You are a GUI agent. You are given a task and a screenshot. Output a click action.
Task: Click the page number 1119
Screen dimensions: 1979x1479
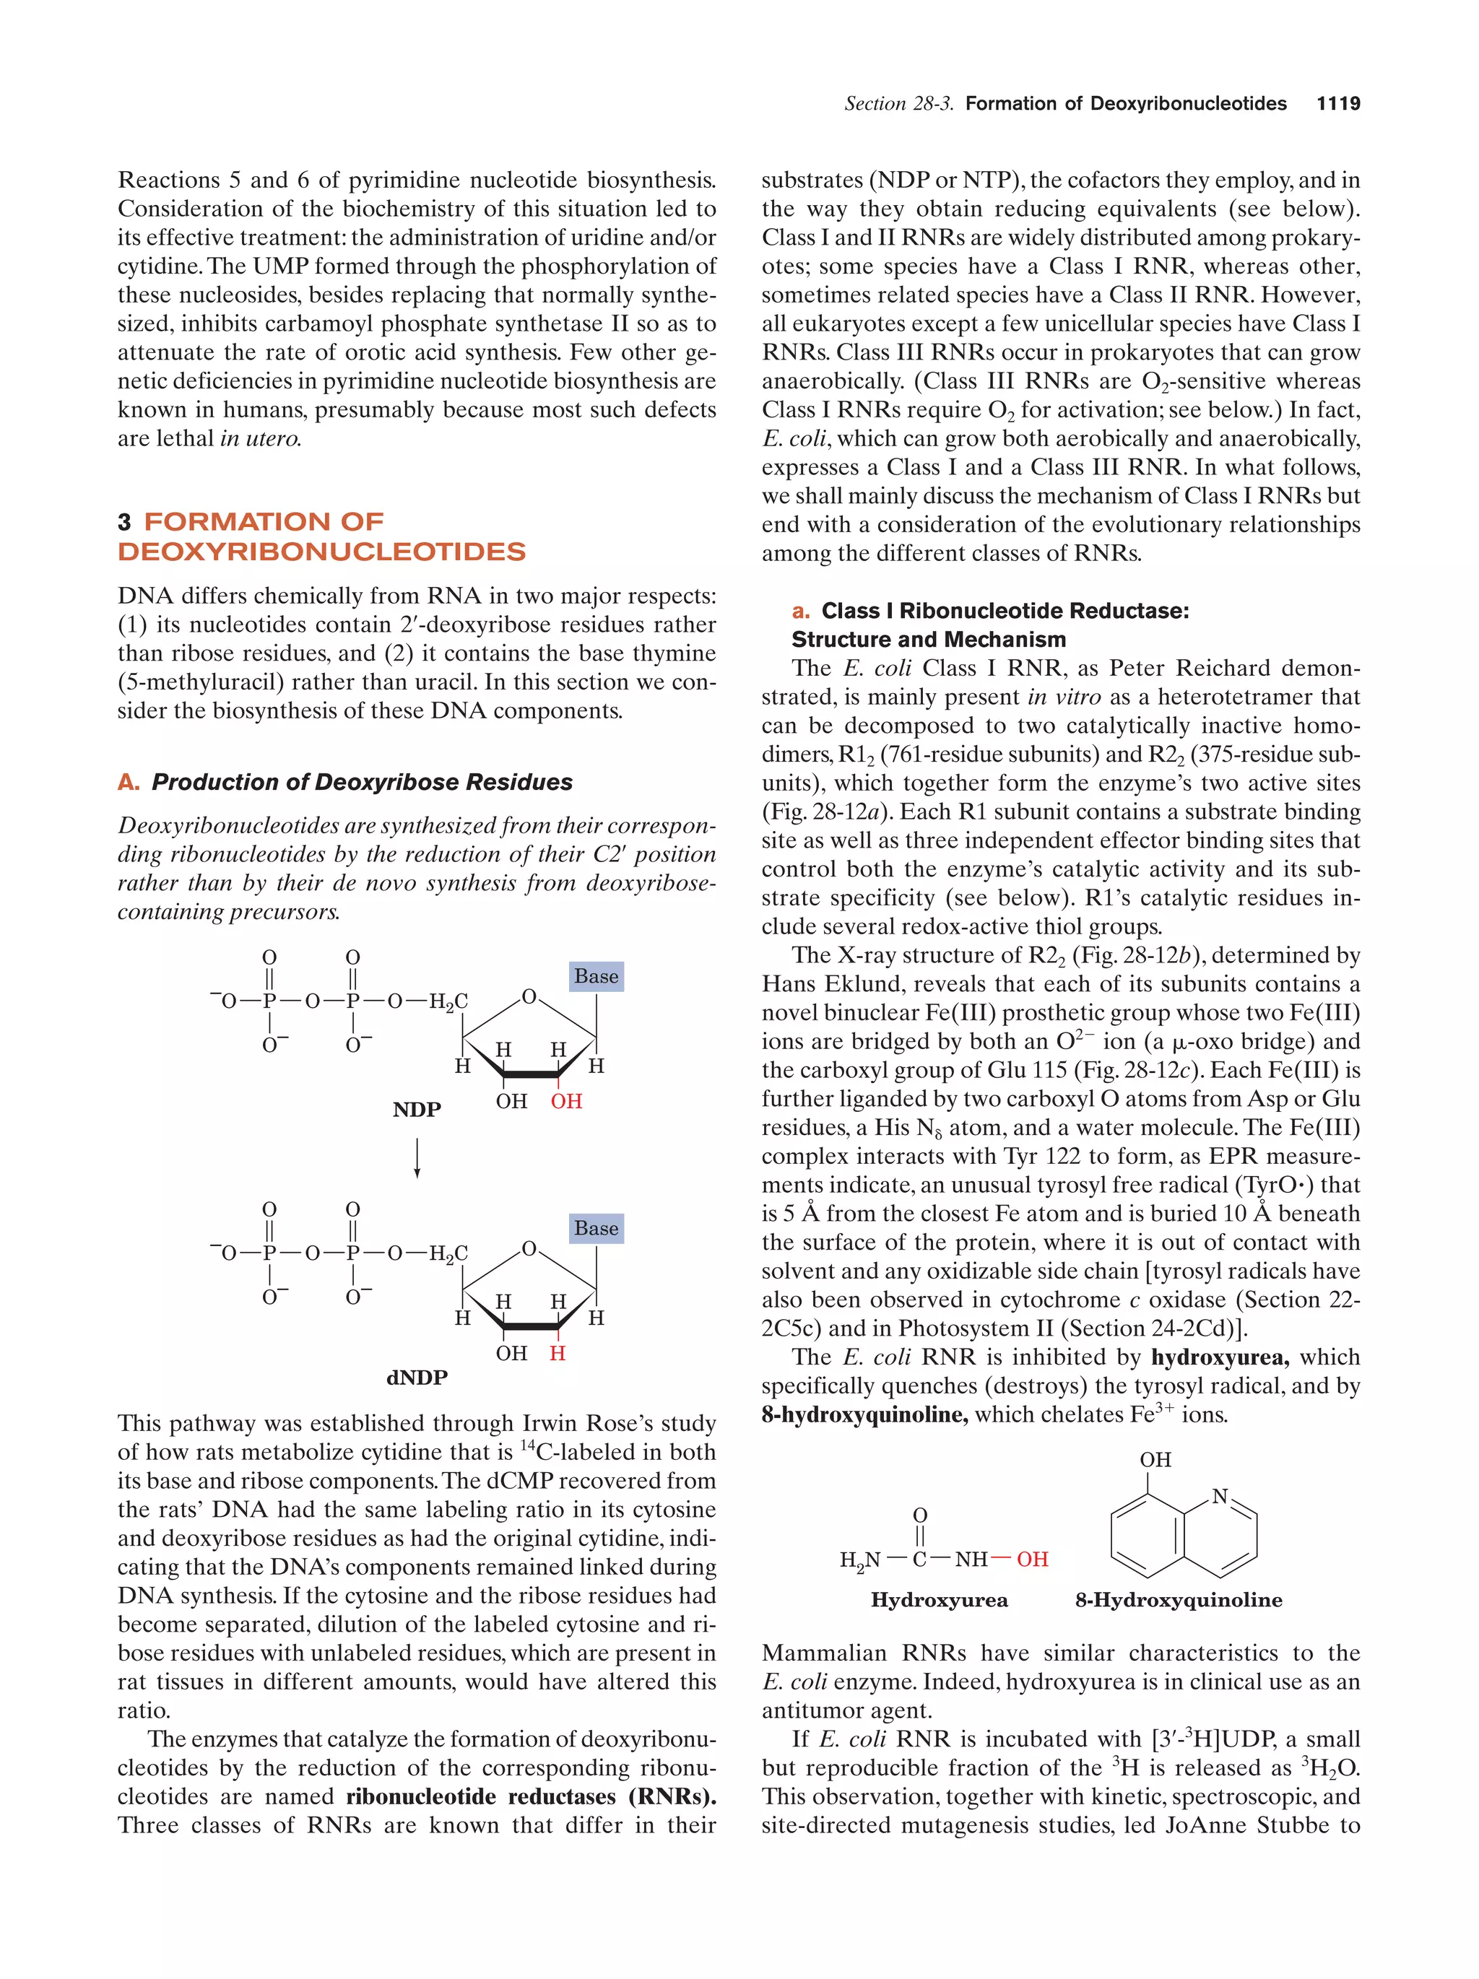point(1337,104)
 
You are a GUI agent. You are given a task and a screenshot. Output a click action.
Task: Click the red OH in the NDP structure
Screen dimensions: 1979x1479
point(566,1101)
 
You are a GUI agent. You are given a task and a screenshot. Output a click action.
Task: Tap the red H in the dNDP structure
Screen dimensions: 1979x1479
point(558,1353)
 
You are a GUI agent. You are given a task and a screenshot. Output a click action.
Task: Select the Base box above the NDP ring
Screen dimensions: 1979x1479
point(596,976)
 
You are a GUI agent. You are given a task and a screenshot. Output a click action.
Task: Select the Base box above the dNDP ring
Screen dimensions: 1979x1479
point(596,1228)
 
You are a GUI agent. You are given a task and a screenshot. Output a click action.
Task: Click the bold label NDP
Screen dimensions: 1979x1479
point(417,1110)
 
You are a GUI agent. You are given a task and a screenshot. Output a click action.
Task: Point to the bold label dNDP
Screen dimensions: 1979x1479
point(417,1378)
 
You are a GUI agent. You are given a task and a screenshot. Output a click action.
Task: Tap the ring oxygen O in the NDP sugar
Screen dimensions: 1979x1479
point(529,996)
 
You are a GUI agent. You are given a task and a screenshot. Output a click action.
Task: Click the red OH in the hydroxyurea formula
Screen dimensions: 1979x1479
point(1032,1560)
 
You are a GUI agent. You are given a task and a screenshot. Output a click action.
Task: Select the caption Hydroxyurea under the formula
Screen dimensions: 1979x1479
point(939,1600)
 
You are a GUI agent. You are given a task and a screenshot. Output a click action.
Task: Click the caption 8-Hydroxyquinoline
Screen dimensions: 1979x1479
point(1179,1600)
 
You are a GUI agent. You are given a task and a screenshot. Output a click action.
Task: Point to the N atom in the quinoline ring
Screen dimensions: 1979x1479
point(1220,1496)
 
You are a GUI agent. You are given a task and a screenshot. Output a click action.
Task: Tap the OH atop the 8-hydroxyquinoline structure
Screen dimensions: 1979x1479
point(1155,1459)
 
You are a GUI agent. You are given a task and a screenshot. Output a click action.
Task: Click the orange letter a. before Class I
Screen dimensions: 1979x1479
point(801,611)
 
